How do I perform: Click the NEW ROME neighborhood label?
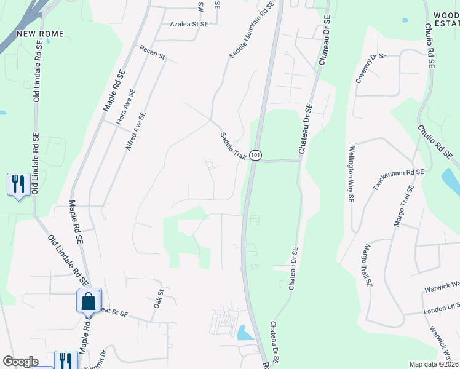coord(40,33)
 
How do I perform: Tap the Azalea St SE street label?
coord(189,24)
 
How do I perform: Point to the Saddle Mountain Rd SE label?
coord(252,30)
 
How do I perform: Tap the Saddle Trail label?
coord(233,146)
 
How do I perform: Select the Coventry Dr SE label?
coord(371,68)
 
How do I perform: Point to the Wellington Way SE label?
coord(352,174)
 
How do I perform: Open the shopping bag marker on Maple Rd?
coord(89,301)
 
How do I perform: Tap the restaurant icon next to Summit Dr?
coord(66,361)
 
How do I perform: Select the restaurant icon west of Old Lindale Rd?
coord(18,184)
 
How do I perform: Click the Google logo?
coord(20,362)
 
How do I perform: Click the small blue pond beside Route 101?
coord(245,333)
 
